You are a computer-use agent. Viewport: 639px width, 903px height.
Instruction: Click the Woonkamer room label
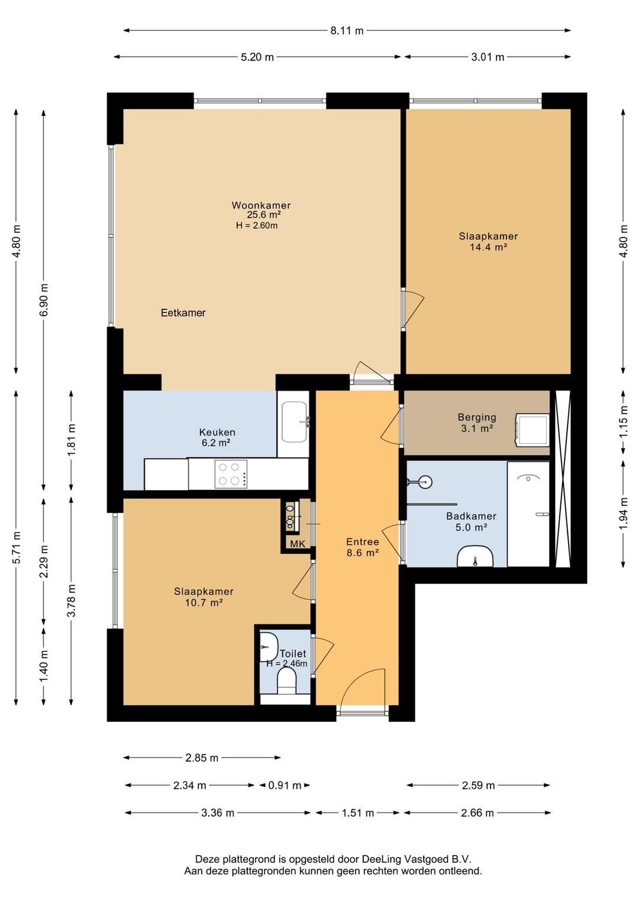click(261, 205)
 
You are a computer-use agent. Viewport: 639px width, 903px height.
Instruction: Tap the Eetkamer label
click(183, 312)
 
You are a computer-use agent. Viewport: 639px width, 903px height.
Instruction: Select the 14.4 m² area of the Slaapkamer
click(488, 247)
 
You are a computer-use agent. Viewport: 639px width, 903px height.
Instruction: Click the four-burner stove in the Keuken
click(231, 474)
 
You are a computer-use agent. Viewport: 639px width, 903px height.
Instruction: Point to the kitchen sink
click(294, 422)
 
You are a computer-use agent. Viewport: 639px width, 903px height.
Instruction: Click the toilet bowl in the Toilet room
click(286, 681)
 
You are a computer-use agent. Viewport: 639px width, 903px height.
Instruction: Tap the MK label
click(298, 544)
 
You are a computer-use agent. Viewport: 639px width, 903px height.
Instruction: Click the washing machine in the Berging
click(532, 430)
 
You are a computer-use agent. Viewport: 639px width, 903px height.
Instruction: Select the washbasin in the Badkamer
click(475, 556)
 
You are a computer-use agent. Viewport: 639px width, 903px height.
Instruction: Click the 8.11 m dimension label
click(347, 31)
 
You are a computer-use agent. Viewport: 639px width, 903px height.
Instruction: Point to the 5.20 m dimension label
click(257, 57)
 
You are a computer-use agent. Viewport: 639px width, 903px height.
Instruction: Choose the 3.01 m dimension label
click(488, 57)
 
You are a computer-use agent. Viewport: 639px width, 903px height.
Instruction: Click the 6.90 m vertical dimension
click(44, 299)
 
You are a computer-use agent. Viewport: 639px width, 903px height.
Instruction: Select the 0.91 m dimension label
click(285, 785)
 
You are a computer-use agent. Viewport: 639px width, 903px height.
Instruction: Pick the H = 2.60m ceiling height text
click(257, 225)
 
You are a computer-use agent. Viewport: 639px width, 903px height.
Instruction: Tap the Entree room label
click(363, 542)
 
